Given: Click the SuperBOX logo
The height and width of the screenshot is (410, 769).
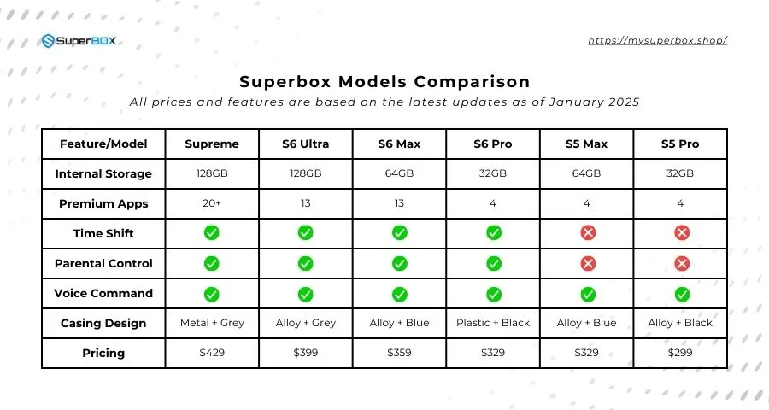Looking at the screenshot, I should [78, 41].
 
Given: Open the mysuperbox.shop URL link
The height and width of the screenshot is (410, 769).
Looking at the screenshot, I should [657, 40].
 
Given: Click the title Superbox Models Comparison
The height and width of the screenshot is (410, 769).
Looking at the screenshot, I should [384, 82].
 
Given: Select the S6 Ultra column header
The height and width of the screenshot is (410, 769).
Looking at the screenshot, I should [305, 143].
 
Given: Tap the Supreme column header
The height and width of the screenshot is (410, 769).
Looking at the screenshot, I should [212, 143].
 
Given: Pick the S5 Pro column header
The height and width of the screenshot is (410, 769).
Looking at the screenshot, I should [680, 143].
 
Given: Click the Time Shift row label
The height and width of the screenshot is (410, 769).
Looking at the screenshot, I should [103, 233].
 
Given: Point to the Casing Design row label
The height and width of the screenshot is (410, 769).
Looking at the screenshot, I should [103, 323].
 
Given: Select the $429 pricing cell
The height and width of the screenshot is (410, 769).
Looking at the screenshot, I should [212, 353].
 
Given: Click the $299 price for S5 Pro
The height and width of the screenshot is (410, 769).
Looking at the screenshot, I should [680, 353].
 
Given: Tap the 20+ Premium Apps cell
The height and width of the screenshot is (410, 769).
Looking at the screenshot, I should [212, 203].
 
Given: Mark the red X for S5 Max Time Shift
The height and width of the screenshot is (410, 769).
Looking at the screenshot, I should [587, 233].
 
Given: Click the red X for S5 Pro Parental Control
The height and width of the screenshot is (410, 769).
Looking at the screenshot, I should [681, 263].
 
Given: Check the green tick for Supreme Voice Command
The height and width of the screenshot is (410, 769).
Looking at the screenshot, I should [212, 293].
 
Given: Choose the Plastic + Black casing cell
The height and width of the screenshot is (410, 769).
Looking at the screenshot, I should [493, 323].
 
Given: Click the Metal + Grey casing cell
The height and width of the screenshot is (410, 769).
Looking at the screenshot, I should [212, 323].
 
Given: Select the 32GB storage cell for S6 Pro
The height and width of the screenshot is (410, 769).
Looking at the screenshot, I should [493, 173].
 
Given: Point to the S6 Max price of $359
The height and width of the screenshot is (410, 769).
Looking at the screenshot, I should [399, 353].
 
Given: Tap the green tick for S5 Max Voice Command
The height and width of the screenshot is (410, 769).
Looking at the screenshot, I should [587, 293].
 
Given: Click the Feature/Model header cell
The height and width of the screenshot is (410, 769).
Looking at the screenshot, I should [103, 143].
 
